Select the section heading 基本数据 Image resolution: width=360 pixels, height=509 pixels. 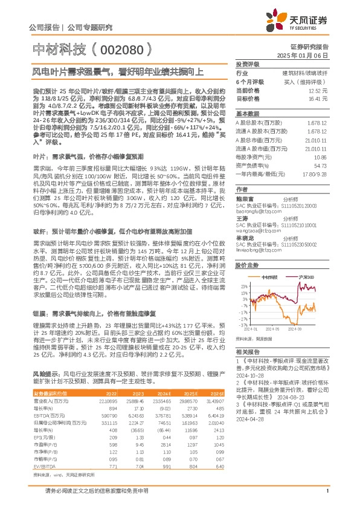[x=247, y=113]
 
